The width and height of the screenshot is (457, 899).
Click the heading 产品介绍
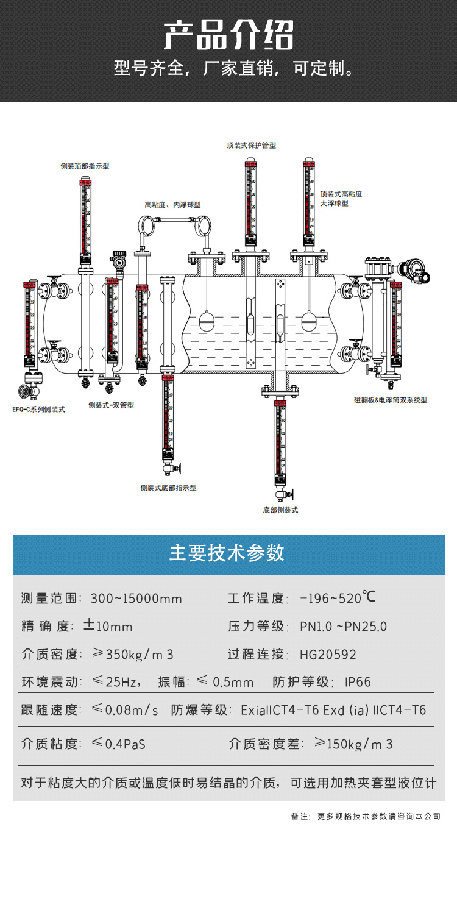(x=228, y=35)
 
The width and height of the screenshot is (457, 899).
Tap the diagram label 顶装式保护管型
(x=251, y=146)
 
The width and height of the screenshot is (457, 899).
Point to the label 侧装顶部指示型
(x=85, y=166)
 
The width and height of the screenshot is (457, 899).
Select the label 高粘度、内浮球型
(x=172, y=205)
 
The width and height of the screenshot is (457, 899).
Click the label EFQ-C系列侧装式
(x=38, y=410)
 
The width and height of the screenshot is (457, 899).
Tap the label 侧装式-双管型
(x=111, y=405)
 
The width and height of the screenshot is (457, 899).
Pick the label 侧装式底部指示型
(x=168, y=488)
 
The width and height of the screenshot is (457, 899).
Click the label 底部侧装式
(x=280, y=510)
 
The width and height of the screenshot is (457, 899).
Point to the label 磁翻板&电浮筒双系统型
(x=391, y=400)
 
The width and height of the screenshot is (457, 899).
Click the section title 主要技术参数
(x=227, y=553)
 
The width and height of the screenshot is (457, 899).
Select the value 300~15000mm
(x=136, y=599)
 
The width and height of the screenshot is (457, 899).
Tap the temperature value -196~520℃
(x=338, y=598)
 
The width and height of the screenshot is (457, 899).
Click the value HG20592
(x=328, y=655)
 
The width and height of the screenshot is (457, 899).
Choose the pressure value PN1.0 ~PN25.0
(x=344, y=627)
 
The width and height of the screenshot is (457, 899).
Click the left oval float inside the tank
(x=208, y=321)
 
